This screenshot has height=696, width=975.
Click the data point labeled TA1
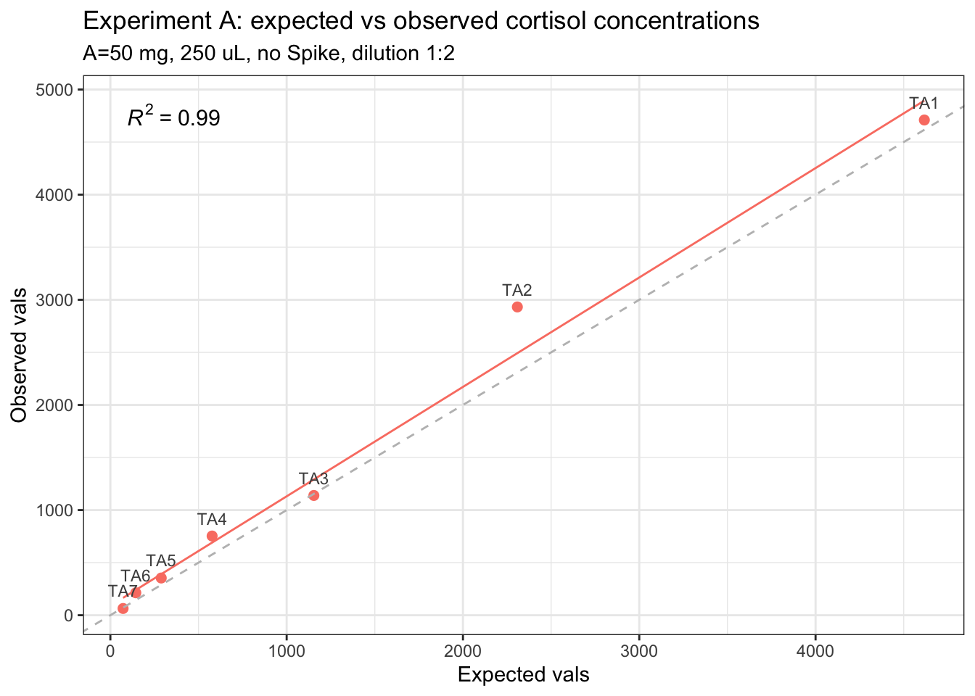(924, 120)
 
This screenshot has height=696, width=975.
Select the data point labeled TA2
(517, 307)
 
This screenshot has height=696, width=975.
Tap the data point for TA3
(313, 495)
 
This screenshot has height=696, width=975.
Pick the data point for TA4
(212, 536)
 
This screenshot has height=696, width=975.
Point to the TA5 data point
(161, 578)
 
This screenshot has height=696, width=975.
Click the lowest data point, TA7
(123, 608)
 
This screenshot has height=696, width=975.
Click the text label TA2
(517, 290)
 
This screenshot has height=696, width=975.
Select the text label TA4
(212, 519)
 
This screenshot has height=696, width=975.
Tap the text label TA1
(924, 103)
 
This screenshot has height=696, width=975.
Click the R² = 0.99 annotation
(173, 117)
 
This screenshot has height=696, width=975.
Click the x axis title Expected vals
(523, 675)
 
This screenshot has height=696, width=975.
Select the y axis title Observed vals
(20, 355)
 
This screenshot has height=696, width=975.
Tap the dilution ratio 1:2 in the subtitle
(440, 54)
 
